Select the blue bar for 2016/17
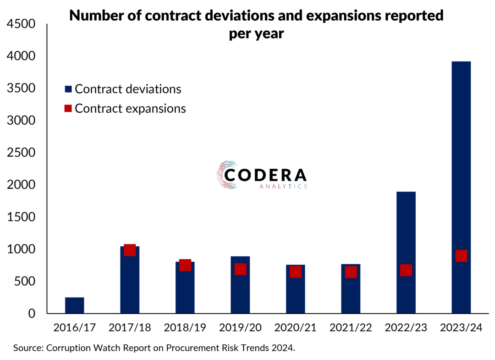click(x=75, y=305)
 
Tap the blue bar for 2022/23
click(x=406, y=229)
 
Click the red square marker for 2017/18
click(x=130, y=250)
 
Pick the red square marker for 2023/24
click(x=461, y=256)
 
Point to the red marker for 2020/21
click(x=296, y=272)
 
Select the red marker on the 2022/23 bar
click(x=406, y=270)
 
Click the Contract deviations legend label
click(x=128, y=89)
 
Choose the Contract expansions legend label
click(x=130, y=109)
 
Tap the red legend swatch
click(x=68, y=109)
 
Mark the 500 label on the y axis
click(x=27, y=282)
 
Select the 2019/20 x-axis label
click(x=240, y=328)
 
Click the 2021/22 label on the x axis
click(x=351, y=328)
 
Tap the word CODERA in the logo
click(x=272, y=175)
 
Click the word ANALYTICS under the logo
click(x=282, y=187)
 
